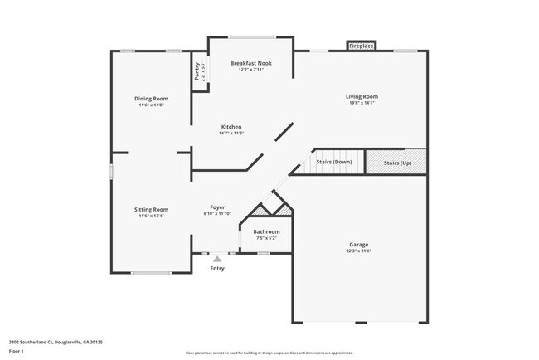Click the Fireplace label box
(x=361, y=46)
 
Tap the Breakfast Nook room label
(x=250, y=63)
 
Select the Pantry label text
(x=197, y=71)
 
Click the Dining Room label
(x=151, y=99)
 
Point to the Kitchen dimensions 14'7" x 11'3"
(x=231, y=133)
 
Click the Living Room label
(x=362, y=97)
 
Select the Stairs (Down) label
(x=334, y=162)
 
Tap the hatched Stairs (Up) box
(x=396, y=162)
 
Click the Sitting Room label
(x=151, y=209)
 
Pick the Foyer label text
(x=217, y=207)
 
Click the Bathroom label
(x=266, y=231)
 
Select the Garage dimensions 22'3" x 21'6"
(x=358, y=251)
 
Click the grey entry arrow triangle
(x=217, y=259)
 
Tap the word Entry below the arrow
(x=217, y=268)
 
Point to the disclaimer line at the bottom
(x=269, y=353)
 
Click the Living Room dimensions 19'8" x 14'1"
(x=362, y=104)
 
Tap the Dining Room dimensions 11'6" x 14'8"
(x=151, y=105)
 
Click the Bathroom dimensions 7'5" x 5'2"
(x=266, y=238)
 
